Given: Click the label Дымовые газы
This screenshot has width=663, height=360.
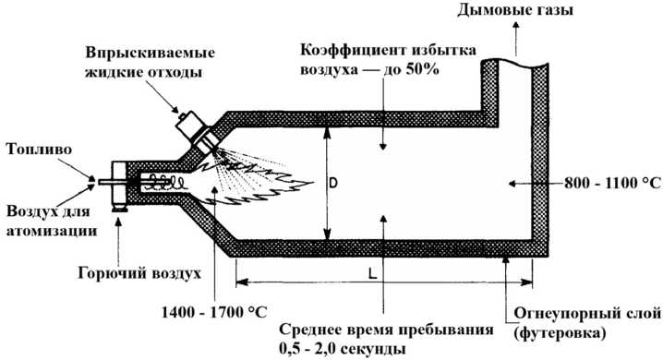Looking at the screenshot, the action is [515, 9].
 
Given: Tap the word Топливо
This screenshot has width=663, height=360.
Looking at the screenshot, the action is [39, 150].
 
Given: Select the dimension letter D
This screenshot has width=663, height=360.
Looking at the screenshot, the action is [333, 184].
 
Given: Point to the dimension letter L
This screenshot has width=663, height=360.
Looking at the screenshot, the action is [372, 274].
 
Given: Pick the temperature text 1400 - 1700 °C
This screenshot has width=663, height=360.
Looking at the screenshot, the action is [214, 312].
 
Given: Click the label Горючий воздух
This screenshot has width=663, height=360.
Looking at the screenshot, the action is [139, 273].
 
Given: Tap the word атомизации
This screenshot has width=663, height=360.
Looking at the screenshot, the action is [52, 231].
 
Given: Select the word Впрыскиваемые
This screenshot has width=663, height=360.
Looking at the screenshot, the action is [151, 54].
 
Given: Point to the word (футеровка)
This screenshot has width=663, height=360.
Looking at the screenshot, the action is [560, 332].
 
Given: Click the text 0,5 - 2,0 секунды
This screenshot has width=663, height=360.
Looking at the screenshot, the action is [343, 349].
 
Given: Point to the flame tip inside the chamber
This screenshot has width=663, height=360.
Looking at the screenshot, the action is [312, 183].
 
